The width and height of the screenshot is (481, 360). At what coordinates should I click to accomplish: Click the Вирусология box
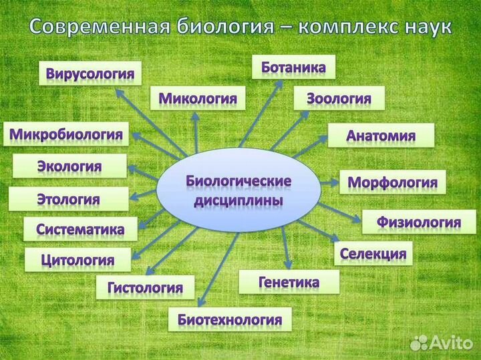pyautogui.click(x=90, y=73)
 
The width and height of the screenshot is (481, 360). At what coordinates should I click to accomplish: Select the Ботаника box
pyautogui.click(x=293, y=67)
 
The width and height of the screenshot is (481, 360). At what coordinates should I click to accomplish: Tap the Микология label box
pyautogui.click(x=198, y=98)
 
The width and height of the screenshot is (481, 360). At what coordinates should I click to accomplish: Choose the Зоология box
pyautogui.click(x=339, y=98)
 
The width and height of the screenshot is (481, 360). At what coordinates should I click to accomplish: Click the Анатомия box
pyautogui.click(x=381, y=135)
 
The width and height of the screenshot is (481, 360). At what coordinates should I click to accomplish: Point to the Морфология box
pyautogui.click(x=393, y=182)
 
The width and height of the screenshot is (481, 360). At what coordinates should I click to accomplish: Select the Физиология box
pyautogui.click(x=419, y=222)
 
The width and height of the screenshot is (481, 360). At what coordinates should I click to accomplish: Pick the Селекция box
pyautogui.click(x=373, y=254)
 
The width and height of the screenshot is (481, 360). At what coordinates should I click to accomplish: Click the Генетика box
pyautogui.click(x=289, y=282)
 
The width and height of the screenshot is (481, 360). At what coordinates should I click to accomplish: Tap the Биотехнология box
pyautogui.click(x=230, y=319)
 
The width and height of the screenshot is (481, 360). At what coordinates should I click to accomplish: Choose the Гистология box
pyautogui.click(x=146, y=287)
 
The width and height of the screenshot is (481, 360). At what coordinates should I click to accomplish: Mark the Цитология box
pyautogui.click(x=78, y=260)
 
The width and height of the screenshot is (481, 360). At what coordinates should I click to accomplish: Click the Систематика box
pyautogui.click(x=80, y=229)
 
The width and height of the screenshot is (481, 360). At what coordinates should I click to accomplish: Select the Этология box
pyautogui.click(x=69, y=199)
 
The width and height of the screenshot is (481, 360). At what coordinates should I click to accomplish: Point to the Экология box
pyautogui.click(x=69, y=166)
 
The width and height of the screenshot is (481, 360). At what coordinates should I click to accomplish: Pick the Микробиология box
pyautogui.click(x=66, y=134)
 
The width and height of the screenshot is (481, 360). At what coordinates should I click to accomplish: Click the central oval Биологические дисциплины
pyautogui.click(x=238, y=190)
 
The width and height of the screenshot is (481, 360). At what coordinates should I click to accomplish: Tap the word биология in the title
pyautogui.click(x=225, y=27)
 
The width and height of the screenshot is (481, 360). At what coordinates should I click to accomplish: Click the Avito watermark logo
pyautogui.click(x=442, y=343)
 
